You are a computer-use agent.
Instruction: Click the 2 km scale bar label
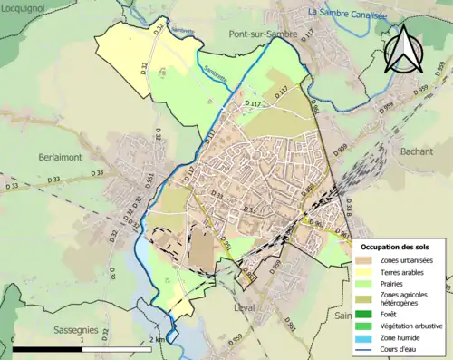click(156, 338)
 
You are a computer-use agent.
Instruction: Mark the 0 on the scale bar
click(14, 338)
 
